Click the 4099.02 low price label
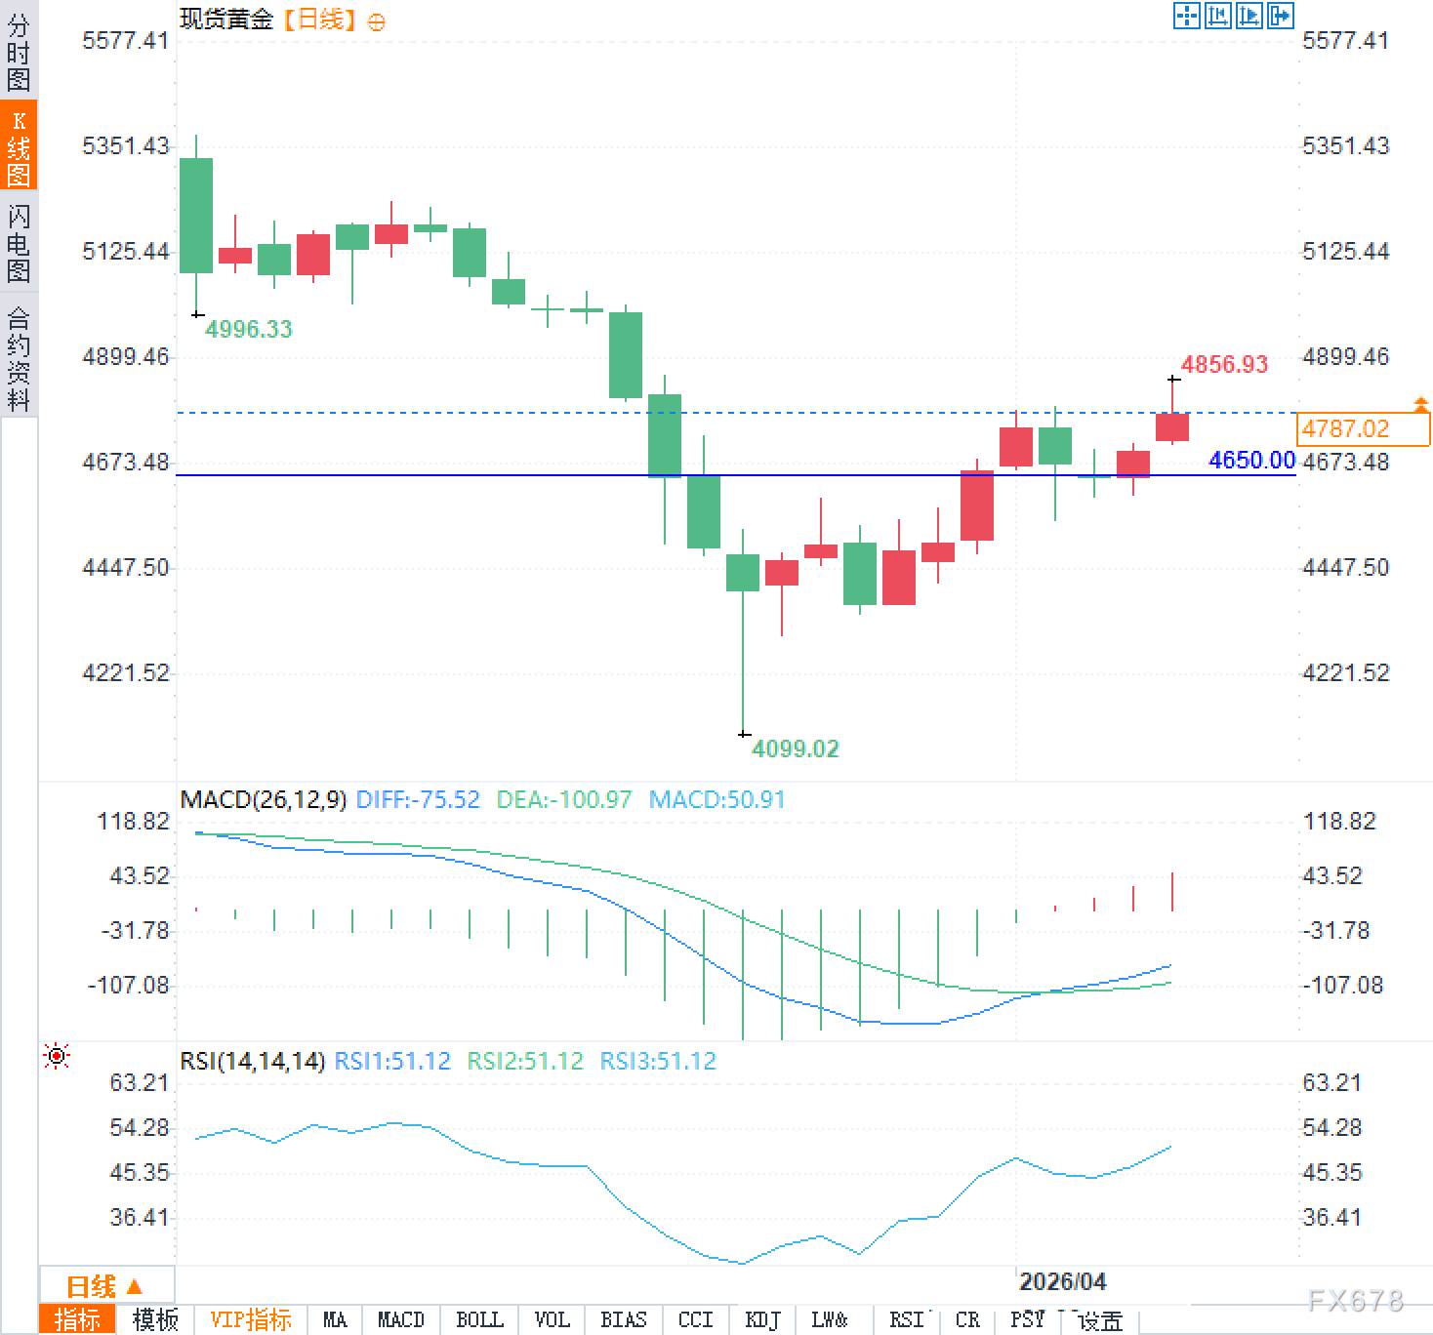(795, 748)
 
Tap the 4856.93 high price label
(1224, 365)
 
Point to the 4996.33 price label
(249, 329)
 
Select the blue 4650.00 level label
(1251, 460)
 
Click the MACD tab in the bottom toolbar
(400, 1320)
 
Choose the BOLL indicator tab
(479, 1320)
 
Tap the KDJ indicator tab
(762, 1320)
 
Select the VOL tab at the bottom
(552, 1320)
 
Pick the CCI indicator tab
(695, 1320)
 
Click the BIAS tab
(624, 1320)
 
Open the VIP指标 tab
(251, 1320)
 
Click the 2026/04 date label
(1062, 1281)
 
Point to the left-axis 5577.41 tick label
(125, 40)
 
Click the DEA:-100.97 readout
(564, 800)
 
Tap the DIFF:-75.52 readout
(418, 800)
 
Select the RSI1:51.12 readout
(392, 1061)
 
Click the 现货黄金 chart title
(226, 19)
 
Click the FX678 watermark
(1355, 1300)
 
